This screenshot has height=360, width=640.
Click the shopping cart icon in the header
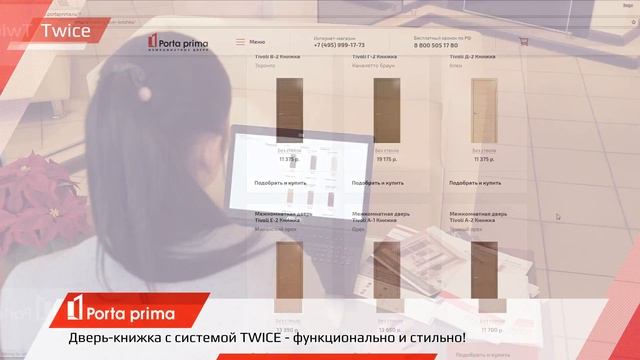pos(522,42)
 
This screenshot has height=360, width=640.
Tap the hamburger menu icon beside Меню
pos(240,42)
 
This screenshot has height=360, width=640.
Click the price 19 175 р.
pos(386,159)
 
